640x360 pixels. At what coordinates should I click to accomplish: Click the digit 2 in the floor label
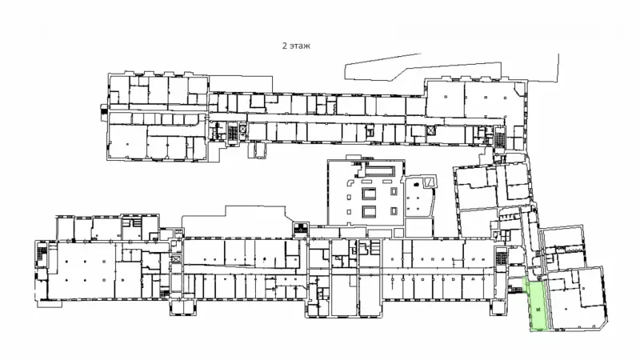tap(284, 46)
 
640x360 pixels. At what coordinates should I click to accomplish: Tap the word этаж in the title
tap(300, 46)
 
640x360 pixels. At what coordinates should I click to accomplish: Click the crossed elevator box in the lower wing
tap(176, 258)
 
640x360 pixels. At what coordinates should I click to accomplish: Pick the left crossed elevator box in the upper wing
tap(243, 129)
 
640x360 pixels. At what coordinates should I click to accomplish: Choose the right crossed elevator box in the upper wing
tap(430, 130)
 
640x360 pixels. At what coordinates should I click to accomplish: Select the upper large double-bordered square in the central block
tap(369, 194)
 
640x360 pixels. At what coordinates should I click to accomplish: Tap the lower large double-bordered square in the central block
tap(369, 211)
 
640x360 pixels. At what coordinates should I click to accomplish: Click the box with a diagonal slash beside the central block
tap(430, 182)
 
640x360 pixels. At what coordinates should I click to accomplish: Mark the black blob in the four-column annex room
tap(416, 185)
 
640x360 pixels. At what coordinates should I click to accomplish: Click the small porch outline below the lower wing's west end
tap(50, 304)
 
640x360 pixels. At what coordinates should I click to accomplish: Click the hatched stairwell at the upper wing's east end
tap(499, 137)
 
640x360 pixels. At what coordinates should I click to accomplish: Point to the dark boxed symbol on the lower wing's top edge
tap(301, 230)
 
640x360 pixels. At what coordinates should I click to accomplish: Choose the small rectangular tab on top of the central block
tap(354, 157)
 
